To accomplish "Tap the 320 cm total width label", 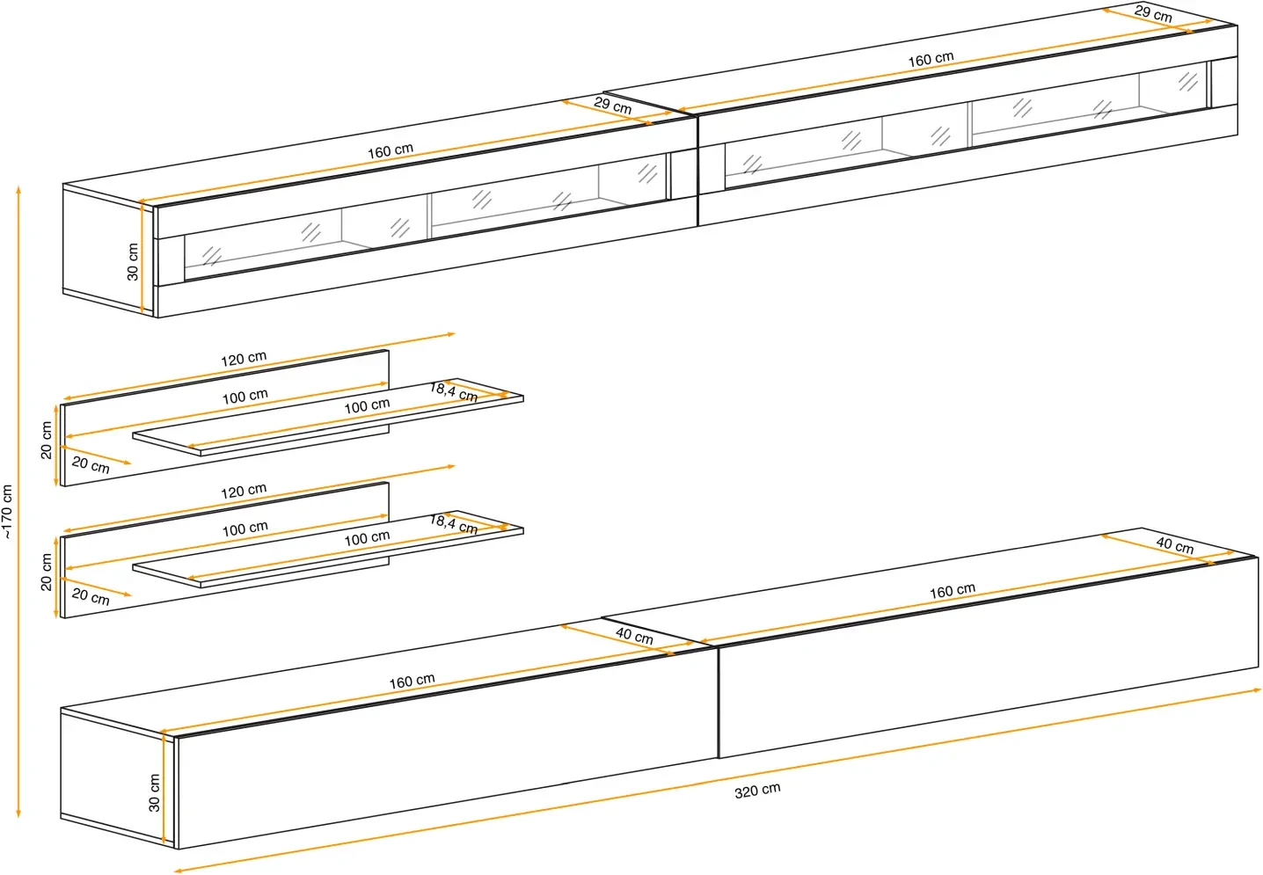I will pyautogui.click(x=757, y=791).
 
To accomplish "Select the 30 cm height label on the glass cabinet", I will pyautogui.click(x=133, y=261).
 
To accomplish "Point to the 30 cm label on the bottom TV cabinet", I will pyautogui.click(x=155, y=792).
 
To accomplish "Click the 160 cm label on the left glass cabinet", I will pyautogui.click(x=391, y=150).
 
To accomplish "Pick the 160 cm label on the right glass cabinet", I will pyautogui.click(x=931, y=59).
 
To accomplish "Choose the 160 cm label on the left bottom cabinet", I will pyautogui.click(x=412, y=681).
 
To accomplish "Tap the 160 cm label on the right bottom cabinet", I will pyautogui.click(x=953, y=590).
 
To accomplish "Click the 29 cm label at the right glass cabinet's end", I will pyautogui.click(x=1152, y=13).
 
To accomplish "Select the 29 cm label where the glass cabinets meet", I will pyautogui.click(x=612, y=106).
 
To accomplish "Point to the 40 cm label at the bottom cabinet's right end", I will pyautogui.click(x=1174, y=545).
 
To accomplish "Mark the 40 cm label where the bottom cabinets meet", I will pyautogui.click(x=634, y=635).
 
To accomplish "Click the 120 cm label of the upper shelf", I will pyautogui.click(x=244, y=359).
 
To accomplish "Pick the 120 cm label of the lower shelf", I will pyautogui.click(x=244, y=491).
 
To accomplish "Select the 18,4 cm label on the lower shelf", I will pyautogui.click(x=454, y=524).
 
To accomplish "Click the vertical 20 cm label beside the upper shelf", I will pyautogui.click(x=47, y=440).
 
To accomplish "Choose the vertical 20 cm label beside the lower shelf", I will pyautogui.click(x=47, y=572).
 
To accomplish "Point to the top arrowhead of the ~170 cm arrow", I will pyautogui.click(x=18, y=188).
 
